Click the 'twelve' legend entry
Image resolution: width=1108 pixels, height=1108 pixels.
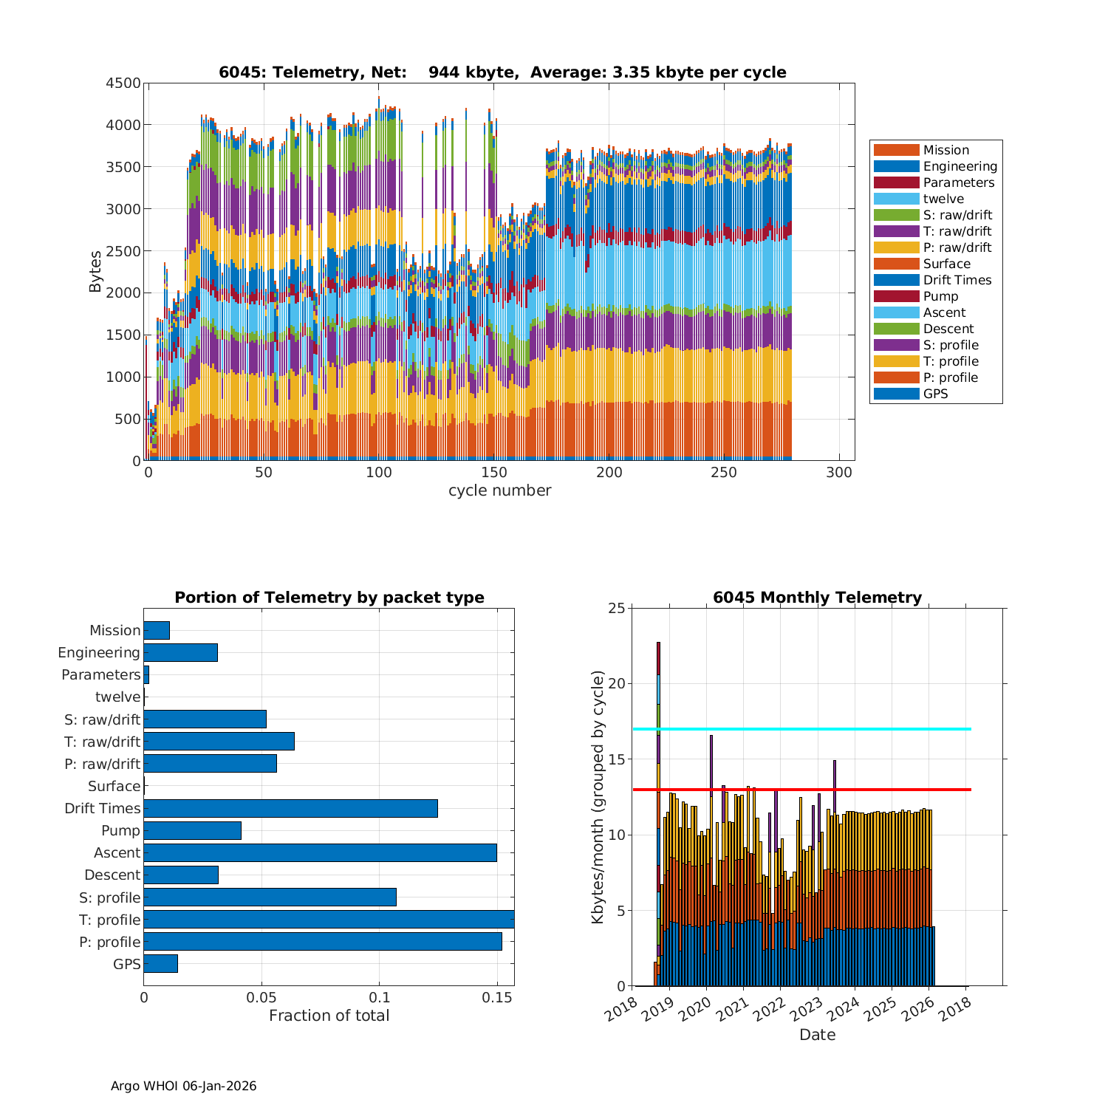(943, 199)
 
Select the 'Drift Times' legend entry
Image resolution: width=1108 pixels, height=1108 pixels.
(957, 280)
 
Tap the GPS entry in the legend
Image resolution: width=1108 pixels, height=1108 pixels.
(935, 394)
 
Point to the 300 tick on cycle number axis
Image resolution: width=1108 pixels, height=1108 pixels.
(839, 473)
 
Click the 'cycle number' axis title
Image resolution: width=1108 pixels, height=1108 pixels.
(499, 490)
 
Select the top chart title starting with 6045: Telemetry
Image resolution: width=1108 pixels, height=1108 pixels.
(502, 72)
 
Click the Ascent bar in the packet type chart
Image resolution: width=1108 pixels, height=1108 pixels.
(320, 852)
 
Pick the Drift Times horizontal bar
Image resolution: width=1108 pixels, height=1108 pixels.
(290, 808)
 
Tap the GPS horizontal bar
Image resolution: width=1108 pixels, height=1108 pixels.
(160, 963)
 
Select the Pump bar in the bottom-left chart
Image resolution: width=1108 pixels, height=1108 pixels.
(192, 830)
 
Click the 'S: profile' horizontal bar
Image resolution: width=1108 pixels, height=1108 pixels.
(270, 897)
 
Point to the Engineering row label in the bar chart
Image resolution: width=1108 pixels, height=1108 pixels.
(99, 652)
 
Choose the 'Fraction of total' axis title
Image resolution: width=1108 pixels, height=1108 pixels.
(329, 1016)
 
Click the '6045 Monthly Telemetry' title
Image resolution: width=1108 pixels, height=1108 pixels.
(817, 598)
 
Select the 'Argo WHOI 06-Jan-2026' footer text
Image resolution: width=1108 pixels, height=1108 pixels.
(184, 1086)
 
